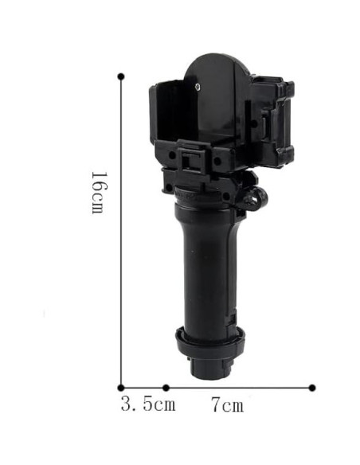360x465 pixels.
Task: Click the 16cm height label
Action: (97, 193)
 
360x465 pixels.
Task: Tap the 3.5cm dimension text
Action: (148, 404)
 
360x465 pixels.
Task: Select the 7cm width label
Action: (228, 404)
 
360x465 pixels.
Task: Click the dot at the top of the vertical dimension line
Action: (121, 76)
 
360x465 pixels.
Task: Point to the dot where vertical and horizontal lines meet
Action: (121, 388)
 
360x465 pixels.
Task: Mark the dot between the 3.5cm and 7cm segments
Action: (166, 388)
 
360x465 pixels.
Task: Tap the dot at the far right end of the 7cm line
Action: (312, 388)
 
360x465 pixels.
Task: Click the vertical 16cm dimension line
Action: (121, 232)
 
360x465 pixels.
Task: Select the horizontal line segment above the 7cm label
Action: (239, 387)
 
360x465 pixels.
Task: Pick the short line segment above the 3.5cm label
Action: (143, 388)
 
